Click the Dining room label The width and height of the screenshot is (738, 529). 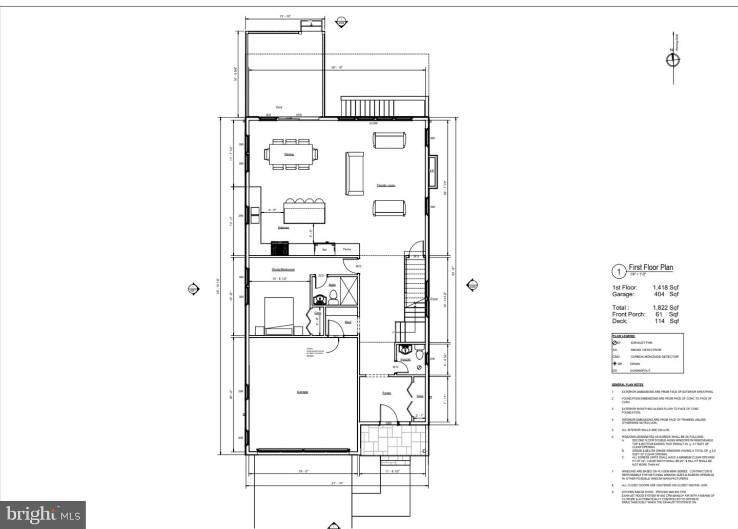(x=289, y=154)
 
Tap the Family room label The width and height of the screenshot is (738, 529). (x=386, y=185)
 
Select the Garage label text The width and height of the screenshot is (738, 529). (x=302, y=392)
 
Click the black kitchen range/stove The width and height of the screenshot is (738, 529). (x=280, y=249)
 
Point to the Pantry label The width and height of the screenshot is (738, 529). (x=347, y=249)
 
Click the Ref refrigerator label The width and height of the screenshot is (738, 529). (x=324, y=250)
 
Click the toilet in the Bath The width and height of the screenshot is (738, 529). (x=333, y=294)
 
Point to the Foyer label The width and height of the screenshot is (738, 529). (x=386, y=393)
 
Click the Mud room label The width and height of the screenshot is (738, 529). (x=348, y=322)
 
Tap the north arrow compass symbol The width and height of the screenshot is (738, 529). (x=673, y=60)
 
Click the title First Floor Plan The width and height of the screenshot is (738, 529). (x=651, y=267)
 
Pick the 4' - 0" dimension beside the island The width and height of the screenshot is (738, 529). (x=272, y=210)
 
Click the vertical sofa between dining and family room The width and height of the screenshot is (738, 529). (x=354, y=173)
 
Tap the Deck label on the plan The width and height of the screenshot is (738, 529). (x=279, y=107)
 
